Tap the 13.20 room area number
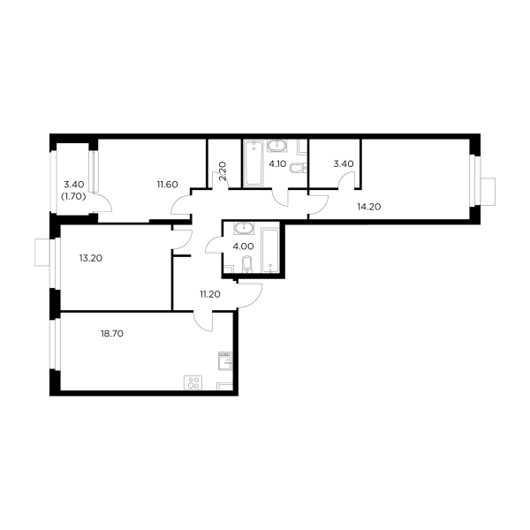(91, 259)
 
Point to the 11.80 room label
(168, 185)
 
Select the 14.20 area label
(368, 208)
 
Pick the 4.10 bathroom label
(276, 163)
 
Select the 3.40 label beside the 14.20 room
(343, 163)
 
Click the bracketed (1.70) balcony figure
(72, 197)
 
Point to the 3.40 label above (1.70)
(72, 185)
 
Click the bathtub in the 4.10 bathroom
(253, 163)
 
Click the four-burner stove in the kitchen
(192, 383)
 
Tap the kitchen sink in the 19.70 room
(226, 360)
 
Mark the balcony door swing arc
(106, 204)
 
